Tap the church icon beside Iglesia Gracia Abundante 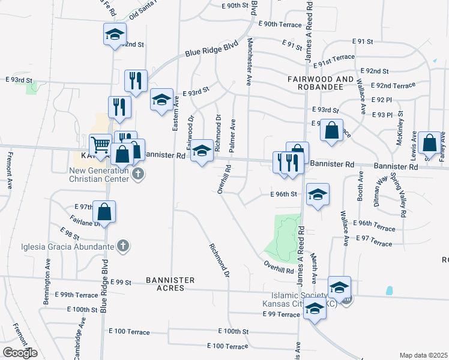coord(123,246)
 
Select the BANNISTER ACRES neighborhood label coord(170,284)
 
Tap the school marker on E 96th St coord(318,194)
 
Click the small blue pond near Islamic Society coord(389,291)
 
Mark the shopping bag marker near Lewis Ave coord(429,143)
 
